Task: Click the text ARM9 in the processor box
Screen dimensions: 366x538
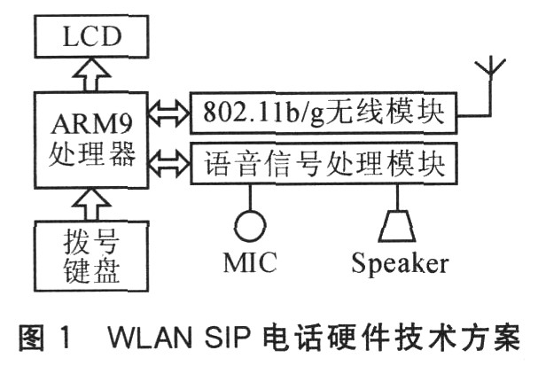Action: coord(85,120)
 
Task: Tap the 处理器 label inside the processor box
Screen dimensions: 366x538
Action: coord(85,154)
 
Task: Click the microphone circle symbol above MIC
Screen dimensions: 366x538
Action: coord(251,224)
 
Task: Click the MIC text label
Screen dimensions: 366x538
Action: coord(251,262)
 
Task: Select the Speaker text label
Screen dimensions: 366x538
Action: coord(399,263)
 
